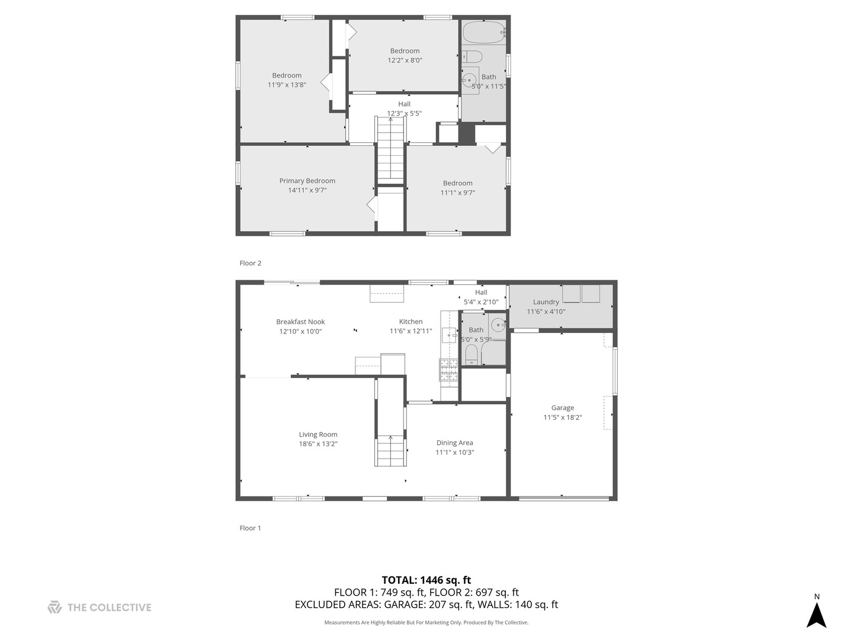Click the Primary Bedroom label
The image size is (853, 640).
point(307,181)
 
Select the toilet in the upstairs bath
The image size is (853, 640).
point(472,57)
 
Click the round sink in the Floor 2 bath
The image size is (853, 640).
point(469,79)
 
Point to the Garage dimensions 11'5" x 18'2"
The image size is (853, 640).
point(562,417)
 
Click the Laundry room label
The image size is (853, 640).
point(546,302)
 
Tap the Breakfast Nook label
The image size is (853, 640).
point(300,322)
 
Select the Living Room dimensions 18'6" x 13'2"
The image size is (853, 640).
point(318,444)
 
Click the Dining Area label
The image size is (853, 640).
point(454,443)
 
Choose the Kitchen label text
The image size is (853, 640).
point(411,322)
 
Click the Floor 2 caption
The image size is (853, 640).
point(250,263)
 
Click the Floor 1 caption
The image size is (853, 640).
point(250,528)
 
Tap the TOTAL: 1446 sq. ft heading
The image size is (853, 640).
point(426,580)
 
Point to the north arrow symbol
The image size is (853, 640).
point(816,615)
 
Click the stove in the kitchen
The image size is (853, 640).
point(448,370)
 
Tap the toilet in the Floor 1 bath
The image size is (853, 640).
point(472,354)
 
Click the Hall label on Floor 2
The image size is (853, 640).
point(404,104)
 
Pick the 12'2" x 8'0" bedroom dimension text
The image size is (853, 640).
point(405,60)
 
